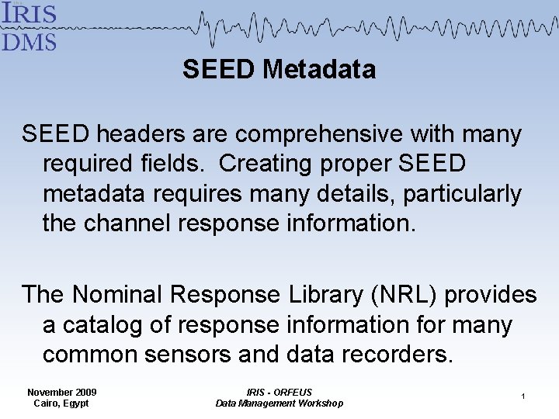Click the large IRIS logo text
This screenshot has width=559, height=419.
pos(30,14)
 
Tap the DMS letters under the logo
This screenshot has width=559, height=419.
pos(30,40)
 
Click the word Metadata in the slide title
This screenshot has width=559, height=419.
pos(319,70)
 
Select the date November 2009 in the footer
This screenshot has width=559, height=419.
pos(61,393)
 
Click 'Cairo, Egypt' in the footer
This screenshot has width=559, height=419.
pos(61,403)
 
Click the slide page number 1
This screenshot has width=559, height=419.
pos(523,396)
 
